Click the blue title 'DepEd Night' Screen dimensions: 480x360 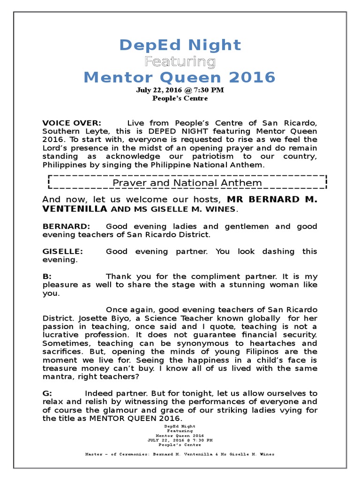[x=180, y=45]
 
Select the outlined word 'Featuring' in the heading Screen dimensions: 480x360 [x=180, y=61]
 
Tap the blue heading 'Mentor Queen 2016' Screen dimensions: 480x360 [x=180, y=77]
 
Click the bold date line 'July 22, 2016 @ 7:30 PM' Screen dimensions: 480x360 [x=180, y=90]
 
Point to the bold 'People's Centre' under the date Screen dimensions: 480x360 [x=180, y=98]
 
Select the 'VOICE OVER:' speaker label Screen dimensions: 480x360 [x=71, y=123]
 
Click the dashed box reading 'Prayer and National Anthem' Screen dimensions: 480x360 [x=187, y=182]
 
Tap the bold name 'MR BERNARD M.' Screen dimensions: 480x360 [x=272, y=199]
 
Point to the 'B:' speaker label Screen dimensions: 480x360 [x=47, y=277]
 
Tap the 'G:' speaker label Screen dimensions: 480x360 [x=47, y=393]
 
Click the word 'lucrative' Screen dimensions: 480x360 [x=62, y=335]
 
